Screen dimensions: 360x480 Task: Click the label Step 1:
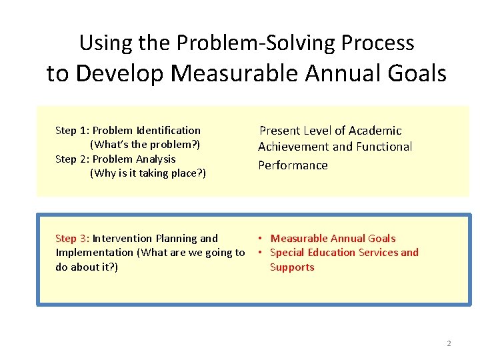pyautogui.click(x=72, y=131)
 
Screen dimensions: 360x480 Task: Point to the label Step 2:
pyautogui.click(x=72, y=159)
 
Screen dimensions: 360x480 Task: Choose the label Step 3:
pyautogui.click(x=72, y=239)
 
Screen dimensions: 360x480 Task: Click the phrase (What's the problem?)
pyautogui.click(x=145, y=145)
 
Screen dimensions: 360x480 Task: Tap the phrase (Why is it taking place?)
pyautogui.click(x=147, y=173)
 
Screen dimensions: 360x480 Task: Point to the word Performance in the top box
pyautogui.click(x=293, y=165)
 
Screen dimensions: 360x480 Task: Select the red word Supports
pyautogui.click(x=292, y=267)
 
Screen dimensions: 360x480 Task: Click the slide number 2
pyautogui.click(x=449, y=344)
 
